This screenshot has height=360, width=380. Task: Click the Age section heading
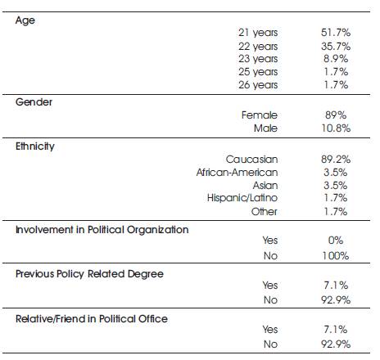[25, 20]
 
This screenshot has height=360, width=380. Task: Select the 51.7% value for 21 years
[336, 33]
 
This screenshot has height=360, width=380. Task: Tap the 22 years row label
[258, 47]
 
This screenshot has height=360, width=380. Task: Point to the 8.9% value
[336, 59]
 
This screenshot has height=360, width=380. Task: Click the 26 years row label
[258, 85]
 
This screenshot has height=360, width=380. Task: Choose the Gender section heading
[34, 102]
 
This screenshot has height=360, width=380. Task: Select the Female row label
[260, 115]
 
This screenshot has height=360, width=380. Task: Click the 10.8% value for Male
[336, 128]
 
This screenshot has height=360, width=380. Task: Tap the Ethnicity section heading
[35, 146]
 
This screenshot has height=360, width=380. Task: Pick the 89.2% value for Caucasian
[336, 159]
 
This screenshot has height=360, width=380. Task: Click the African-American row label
[237, 172]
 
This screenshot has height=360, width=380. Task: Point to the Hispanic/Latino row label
[242, 198]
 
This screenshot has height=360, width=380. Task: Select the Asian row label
[265, 185]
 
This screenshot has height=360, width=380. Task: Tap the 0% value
[336, 241]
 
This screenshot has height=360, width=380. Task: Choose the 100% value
[336, 256]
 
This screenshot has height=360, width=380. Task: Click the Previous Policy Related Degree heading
[89, 274]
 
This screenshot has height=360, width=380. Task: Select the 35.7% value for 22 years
[336, 47]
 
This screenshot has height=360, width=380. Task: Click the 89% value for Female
[336, 115]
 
